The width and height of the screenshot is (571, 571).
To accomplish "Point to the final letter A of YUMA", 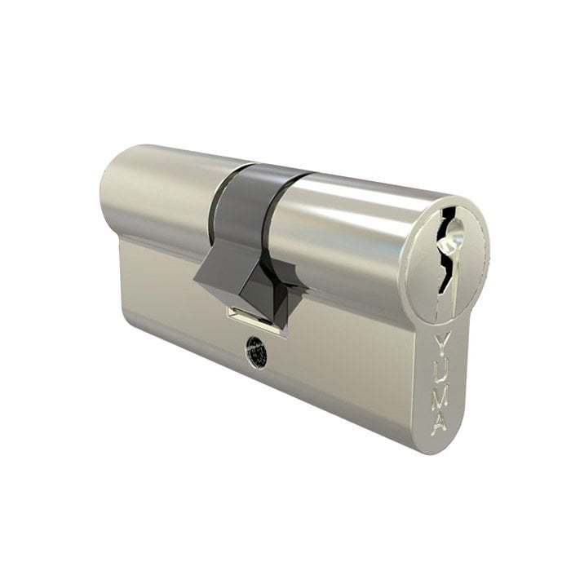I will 440,423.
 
